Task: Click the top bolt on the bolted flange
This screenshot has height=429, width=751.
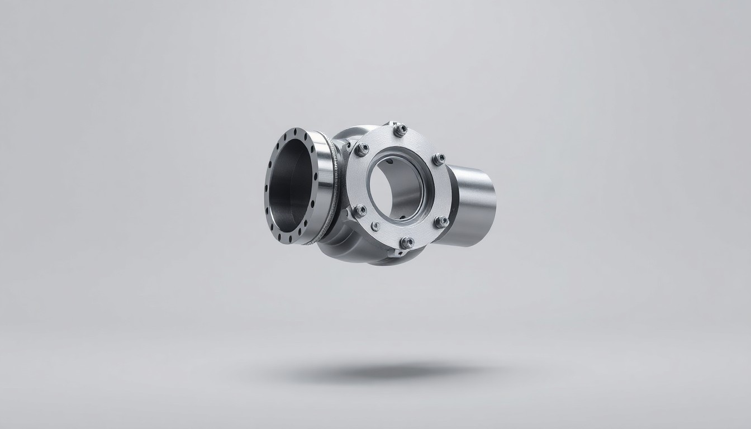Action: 400,130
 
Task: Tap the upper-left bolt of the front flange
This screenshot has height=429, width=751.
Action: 362,149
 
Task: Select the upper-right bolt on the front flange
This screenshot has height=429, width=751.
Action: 439,159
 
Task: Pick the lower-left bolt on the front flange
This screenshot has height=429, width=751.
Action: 360,211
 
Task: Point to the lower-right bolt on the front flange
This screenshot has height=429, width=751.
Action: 441,222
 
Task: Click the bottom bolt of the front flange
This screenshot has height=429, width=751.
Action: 407,242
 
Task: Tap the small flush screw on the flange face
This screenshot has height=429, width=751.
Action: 376,226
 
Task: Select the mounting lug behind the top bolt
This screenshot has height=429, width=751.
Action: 388,124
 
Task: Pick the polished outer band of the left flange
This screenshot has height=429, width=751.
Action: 322,184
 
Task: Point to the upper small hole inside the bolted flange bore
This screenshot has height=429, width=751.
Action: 389,162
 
